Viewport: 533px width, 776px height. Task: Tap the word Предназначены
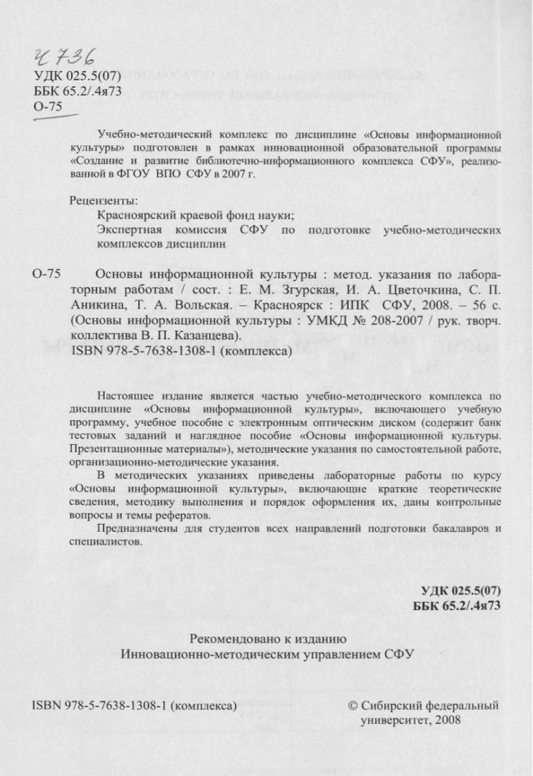click(x=134, y=529)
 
